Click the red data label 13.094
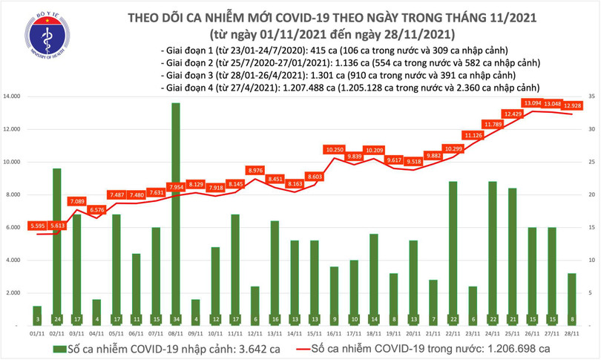tap(531, 103)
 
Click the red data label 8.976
tap(255, 171)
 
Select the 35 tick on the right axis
tap(589, 96)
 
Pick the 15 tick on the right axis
tap(589, 228)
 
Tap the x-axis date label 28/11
tap(572, 334)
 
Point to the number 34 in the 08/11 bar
tap(175, 319)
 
